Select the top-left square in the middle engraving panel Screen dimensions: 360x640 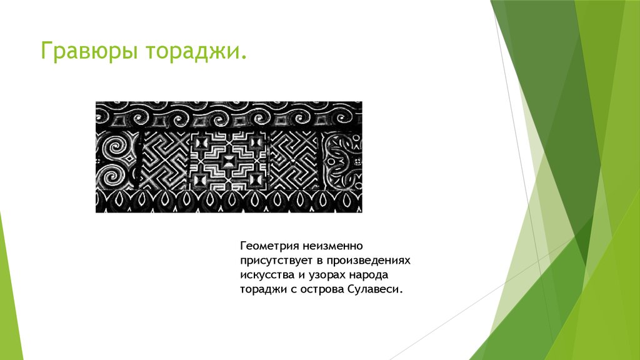click(202, 143)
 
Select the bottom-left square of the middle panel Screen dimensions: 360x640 click(202, 179)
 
